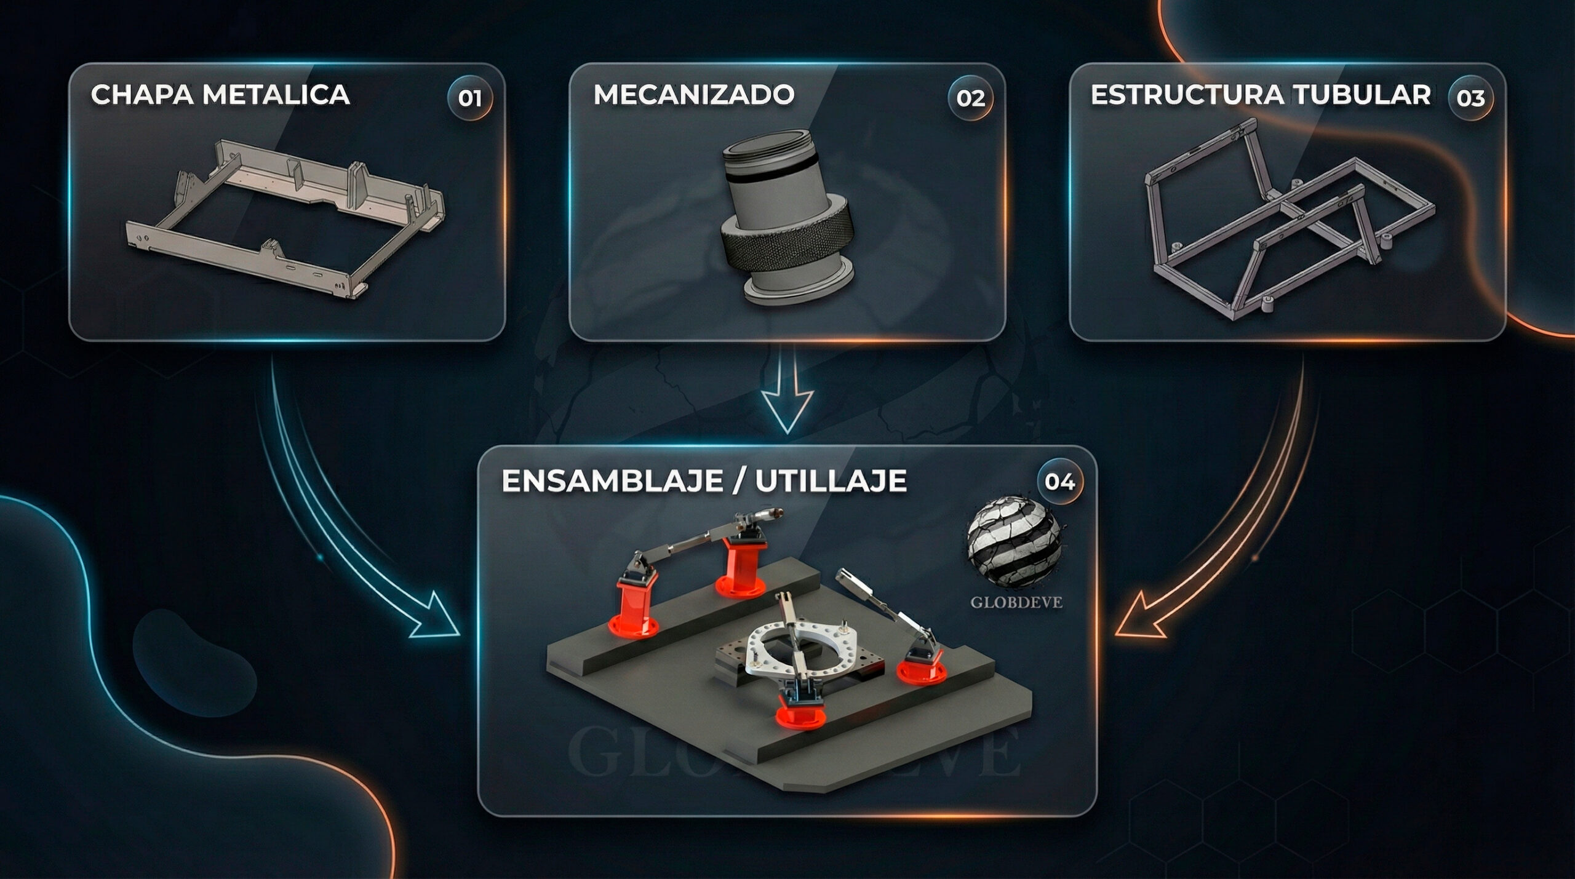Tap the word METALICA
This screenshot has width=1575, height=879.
point(276,95)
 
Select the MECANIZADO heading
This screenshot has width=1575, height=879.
point(694,95)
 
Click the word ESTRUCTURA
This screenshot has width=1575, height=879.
point(1187,95)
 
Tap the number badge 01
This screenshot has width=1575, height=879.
point(469,98)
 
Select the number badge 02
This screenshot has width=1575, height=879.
point(970,98)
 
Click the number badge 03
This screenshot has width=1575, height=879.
point(1470,98)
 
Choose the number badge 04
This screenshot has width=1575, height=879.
point(1059,481)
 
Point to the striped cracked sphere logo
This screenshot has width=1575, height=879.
point(1015,542)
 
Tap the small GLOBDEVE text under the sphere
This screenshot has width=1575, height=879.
point(1016,602)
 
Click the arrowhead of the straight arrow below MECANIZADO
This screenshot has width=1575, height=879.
point(787,411)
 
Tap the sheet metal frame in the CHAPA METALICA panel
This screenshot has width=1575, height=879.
point(285,218)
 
